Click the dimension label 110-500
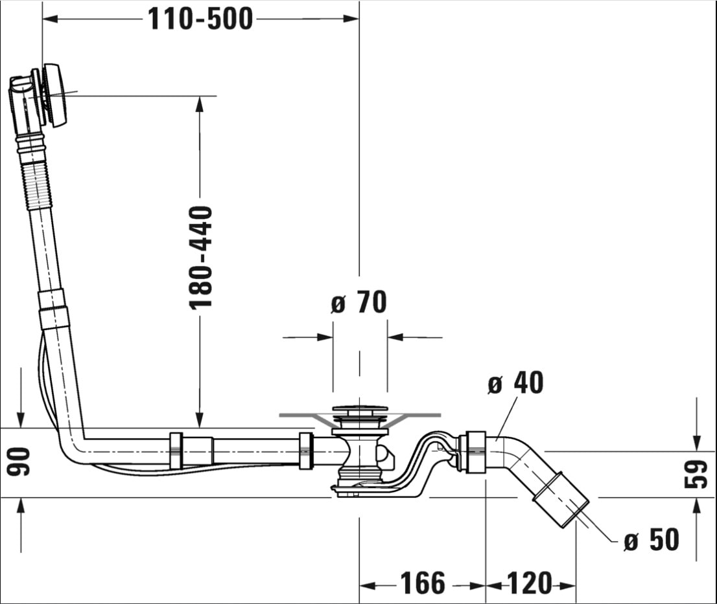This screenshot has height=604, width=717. click(x=200, y=19)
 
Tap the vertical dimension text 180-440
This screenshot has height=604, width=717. click(x=201, y=258)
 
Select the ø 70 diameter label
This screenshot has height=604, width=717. click(x=359, y=302)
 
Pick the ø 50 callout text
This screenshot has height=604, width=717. click(x=651, y=540)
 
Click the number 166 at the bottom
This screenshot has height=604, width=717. click(x=423, y=583)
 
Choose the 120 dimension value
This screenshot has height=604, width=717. click(x=530, y=583)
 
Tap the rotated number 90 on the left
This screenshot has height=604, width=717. click(x=19, y=462)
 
